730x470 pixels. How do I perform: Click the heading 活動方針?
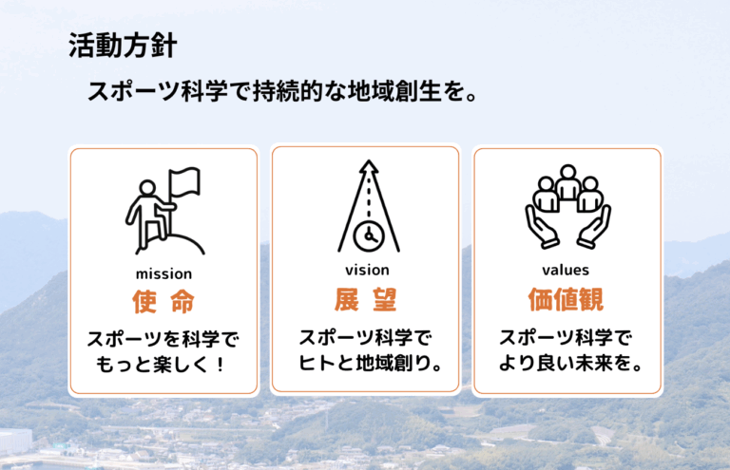coord(123,46)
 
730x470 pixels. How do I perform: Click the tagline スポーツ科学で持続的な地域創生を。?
coord(282,90)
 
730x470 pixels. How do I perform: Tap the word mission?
coord(163,274)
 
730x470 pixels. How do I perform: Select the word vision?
coord(367,270)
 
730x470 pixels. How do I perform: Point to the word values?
coord(566,270)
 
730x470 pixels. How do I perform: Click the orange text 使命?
coord(163,301)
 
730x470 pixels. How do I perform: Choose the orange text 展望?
coord(365,299)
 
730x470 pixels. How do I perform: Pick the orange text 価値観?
coord(566,299)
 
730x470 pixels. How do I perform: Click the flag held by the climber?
coord(184,182)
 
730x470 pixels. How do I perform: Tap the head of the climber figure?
coord(147,188)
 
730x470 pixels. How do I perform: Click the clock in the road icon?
coord(369,236)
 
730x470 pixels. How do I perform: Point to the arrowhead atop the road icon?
coord(369,166)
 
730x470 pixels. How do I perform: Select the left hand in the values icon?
coord(543,227)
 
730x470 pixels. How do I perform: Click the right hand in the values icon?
coord(593,227)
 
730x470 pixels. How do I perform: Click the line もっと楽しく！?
coord(161,365)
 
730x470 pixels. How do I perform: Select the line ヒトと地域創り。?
coord(370,363)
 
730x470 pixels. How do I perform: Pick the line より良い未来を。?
coord(570,363)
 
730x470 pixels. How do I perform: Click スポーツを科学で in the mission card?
coord(163,339)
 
